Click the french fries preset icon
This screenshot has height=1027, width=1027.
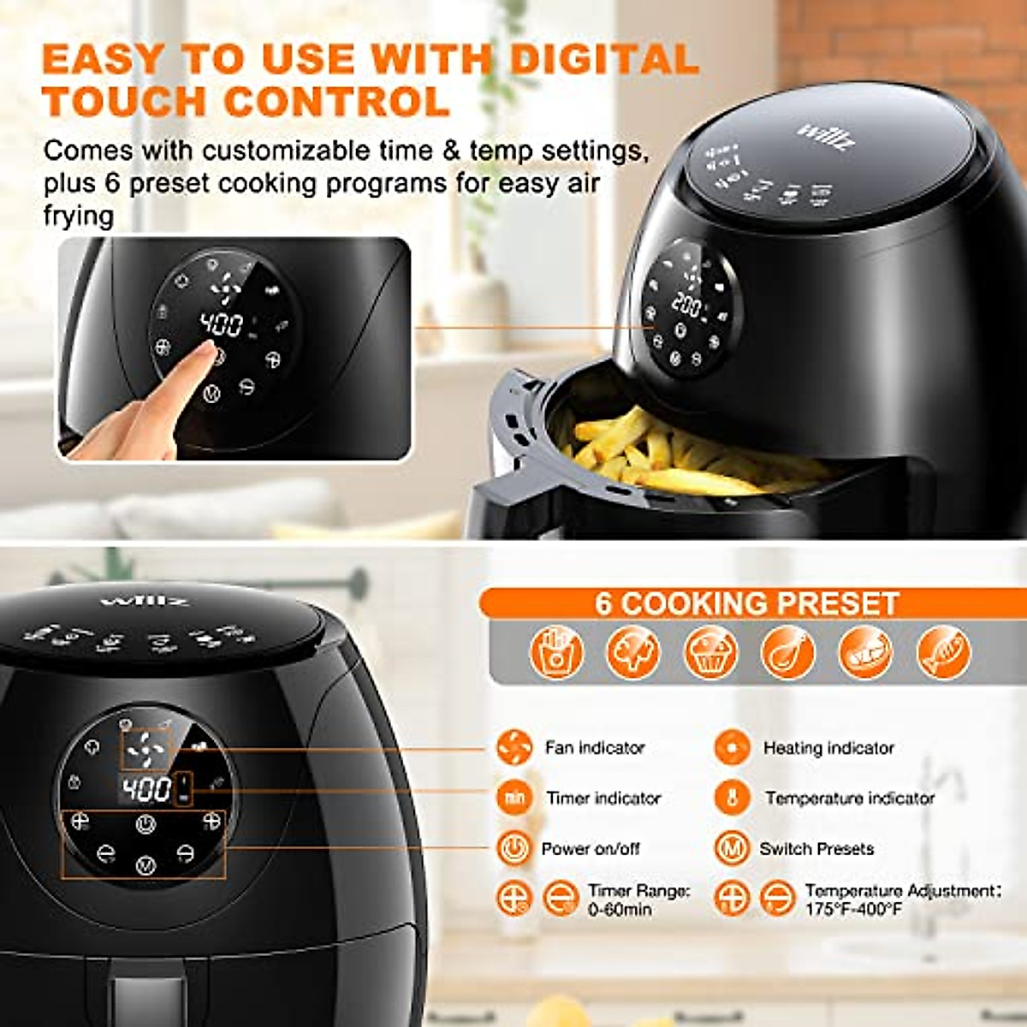tap(556, 653)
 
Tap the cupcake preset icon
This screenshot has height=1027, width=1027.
tap(710, 653)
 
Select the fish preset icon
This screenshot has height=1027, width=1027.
tap(943, 653)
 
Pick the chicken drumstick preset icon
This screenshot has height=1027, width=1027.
tap(787, 653)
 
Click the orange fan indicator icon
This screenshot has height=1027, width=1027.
tap(513, 748)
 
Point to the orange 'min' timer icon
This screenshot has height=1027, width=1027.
tap(513, 798)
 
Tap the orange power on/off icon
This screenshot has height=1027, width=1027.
tap(513, 848)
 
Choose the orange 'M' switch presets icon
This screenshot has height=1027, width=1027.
tap(732, 848)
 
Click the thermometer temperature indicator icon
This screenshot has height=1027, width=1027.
tap(732, 798)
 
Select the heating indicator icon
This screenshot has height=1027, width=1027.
tap(732, 748)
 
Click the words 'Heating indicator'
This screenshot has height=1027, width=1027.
tap(828, 749)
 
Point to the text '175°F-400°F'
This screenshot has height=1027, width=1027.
tap(853, 909)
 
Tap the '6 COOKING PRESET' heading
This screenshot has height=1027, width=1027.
tap(746, 603)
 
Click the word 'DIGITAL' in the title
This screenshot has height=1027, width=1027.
tap(604, 59)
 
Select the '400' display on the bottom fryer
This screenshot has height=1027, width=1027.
tap(146, 789)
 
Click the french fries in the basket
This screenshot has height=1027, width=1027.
tap(676, 458)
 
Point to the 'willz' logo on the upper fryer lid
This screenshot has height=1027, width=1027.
tap(826, 136)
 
